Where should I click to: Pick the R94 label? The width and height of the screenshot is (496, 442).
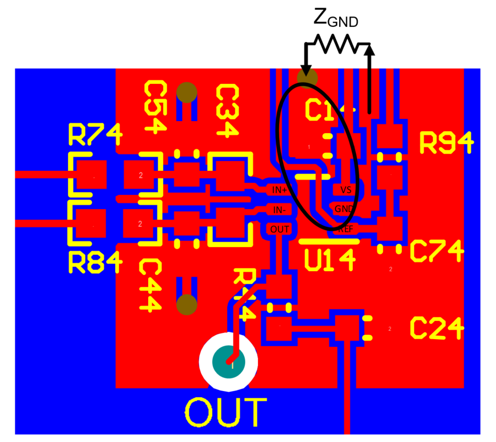pos(446,143)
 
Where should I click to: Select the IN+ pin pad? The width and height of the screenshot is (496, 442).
pos(280,190)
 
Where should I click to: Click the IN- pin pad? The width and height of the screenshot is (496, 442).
pos(280,209)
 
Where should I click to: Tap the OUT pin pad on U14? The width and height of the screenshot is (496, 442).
pos(280,229)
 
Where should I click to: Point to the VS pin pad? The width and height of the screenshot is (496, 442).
pos(346,190)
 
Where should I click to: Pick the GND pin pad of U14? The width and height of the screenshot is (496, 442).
pos(344,209)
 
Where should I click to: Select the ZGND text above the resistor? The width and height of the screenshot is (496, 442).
pos(336,19)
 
